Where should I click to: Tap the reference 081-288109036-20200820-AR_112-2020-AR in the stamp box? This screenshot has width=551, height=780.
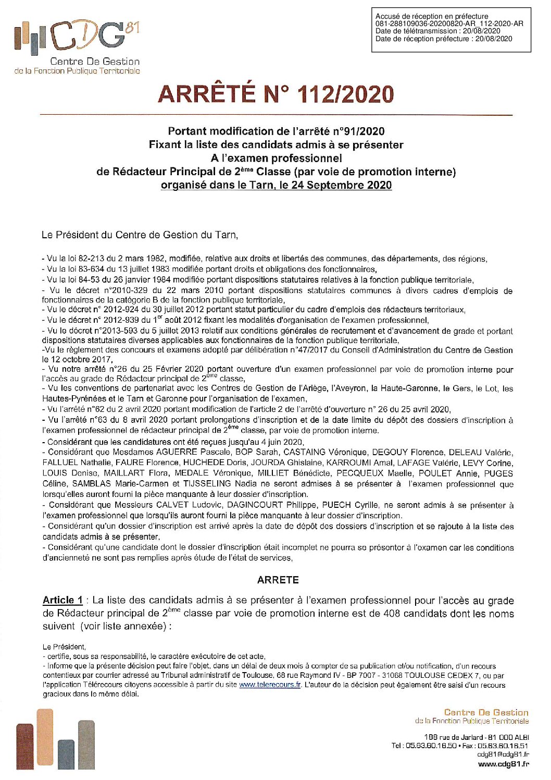449,24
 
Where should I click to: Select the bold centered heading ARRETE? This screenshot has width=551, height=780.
278,580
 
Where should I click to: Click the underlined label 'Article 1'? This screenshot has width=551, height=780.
62,600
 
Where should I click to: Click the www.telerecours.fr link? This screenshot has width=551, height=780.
270,685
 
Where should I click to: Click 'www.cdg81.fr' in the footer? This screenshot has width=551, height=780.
503,764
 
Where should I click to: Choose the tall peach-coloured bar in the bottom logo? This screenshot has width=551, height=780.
45,739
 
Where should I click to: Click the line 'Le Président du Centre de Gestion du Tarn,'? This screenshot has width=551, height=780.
140,235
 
